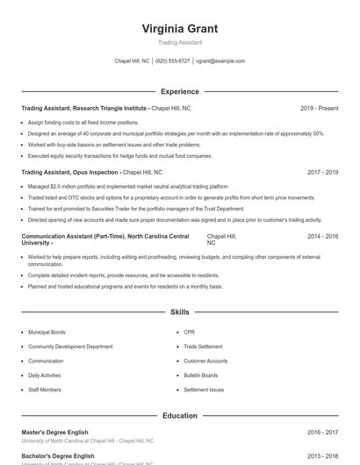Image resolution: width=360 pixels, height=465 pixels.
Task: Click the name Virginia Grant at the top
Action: (179, 29)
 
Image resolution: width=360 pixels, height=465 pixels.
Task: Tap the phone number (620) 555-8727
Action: (173, 61)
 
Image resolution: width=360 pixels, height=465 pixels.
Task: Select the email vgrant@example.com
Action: (220, 61)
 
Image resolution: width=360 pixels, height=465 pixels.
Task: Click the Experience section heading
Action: (179, 91)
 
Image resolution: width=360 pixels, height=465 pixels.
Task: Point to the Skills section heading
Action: (179, 311)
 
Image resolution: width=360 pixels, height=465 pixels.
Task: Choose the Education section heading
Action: (179, 416)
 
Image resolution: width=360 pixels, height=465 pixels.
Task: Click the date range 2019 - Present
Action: (319, 108)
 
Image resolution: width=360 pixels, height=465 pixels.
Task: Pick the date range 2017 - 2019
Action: (322, 173)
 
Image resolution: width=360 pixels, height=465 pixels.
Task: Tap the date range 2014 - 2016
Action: (322, 237)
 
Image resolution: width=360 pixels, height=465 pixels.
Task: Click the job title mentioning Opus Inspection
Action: (69, 173)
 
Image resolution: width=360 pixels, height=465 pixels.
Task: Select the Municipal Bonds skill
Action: (47, 333)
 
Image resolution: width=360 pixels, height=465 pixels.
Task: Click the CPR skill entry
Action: (189, 333)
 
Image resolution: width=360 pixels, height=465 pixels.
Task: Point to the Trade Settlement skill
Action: (203, 347)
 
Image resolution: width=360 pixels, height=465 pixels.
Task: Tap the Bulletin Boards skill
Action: (200, 376)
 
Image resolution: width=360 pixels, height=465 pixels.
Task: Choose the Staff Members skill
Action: (45, 390)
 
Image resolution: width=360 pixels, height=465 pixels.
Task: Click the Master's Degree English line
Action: (58, 433)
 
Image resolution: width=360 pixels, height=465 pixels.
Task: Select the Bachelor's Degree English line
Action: (58, 456)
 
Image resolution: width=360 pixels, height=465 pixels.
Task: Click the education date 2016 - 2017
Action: (322, 433)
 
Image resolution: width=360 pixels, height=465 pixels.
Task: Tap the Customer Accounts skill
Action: (205, 361)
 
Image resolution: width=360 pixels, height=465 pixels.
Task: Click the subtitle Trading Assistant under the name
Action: (179, 42)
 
